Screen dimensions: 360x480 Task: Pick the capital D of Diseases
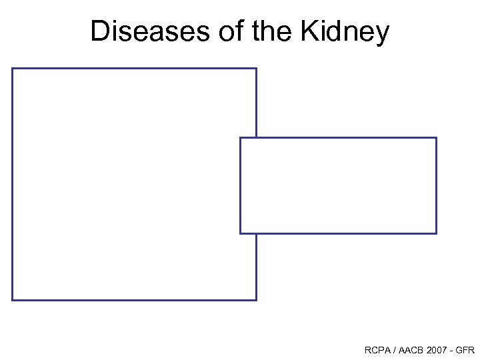tap(99, 31)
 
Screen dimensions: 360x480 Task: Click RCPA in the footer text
tap(377, 350)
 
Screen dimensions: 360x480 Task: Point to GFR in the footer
tap(466, 350)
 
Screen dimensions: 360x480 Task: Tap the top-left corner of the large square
tap(13, 69)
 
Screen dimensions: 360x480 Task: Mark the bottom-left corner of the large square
tap(13, 299)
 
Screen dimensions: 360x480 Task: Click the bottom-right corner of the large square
tap(256, 299)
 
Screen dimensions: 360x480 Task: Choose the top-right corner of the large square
tap(256, 69)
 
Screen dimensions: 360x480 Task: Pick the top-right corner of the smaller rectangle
tap(436, 138)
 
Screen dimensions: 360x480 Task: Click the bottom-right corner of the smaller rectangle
tap(436, 233)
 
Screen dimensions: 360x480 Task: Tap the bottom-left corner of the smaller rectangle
tap(241, 233)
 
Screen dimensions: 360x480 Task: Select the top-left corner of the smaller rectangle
tap(241, 138)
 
